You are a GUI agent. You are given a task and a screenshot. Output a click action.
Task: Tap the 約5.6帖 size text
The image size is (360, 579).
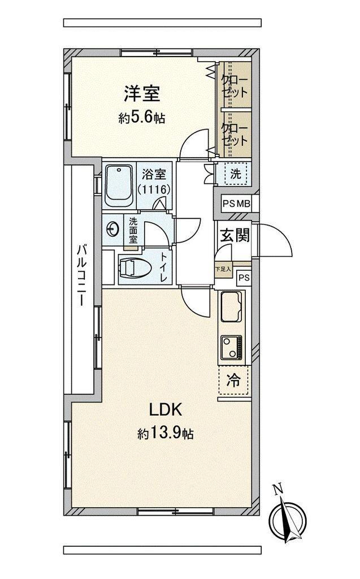click(142, 118)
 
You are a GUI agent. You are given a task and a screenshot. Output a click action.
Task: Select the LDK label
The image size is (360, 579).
click(166, 409)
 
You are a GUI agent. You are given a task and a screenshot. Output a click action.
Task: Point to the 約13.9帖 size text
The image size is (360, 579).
click(166, 434)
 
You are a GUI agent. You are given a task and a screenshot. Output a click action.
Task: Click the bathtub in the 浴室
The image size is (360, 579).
click(119, 185)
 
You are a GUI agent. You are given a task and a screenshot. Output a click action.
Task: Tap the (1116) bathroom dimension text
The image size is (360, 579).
click(154, 189)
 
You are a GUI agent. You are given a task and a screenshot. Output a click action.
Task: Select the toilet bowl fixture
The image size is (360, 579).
click(136, 267)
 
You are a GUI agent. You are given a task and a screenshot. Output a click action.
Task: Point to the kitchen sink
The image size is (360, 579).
click(231, 306)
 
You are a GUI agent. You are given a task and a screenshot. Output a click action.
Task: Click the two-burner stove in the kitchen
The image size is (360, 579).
click(232, 348)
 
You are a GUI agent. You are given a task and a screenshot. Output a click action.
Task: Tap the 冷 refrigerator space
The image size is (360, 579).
click(234, 381)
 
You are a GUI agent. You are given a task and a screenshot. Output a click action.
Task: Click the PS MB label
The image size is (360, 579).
click(236, 204)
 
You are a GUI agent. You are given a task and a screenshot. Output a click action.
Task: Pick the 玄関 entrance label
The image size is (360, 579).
click(235, 235)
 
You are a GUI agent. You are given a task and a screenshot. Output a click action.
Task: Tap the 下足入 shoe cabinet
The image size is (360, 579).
click(223, 270)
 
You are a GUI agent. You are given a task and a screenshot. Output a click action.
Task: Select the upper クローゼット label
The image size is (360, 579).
click(235, 86)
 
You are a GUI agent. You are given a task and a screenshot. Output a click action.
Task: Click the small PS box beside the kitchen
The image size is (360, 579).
click(244, 278)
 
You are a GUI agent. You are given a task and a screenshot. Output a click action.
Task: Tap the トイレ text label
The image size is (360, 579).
click(163, 267)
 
